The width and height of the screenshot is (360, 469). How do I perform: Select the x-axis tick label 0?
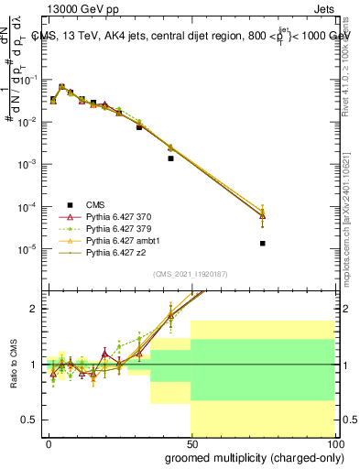click(x=48, y=442)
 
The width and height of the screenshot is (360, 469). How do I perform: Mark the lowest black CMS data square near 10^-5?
click(x=263, y=244)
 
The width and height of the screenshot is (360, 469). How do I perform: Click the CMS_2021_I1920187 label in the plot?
click(x=190, y=272)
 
